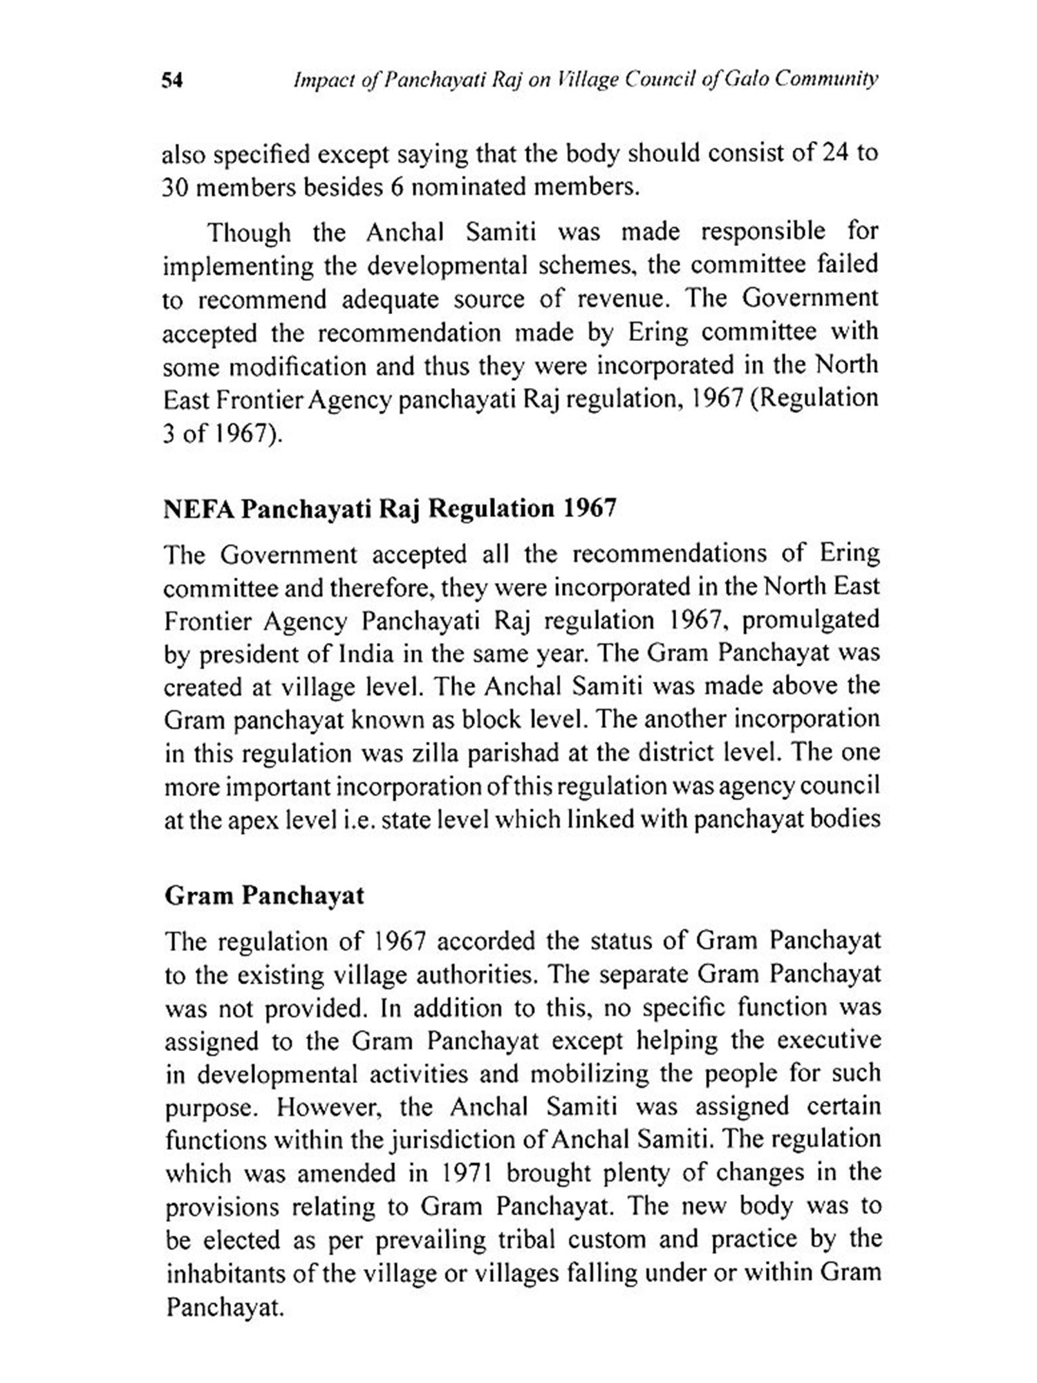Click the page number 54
pos(172,81)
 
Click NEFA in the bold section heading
pos(197,509)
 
